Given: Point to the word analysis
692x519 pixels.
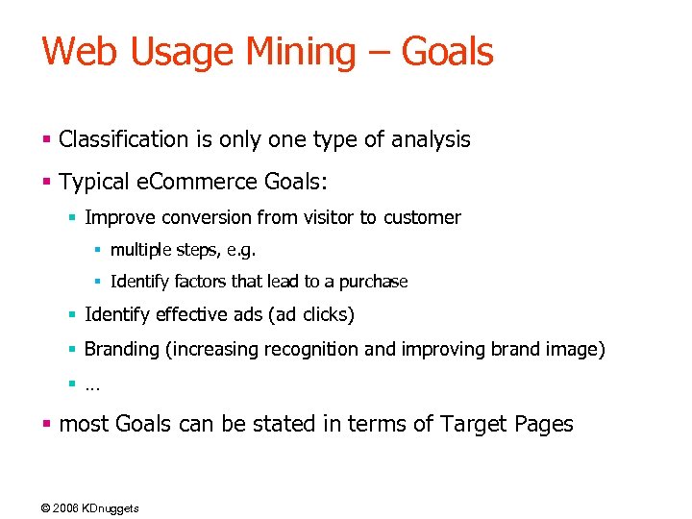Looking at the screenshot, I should (432, 139).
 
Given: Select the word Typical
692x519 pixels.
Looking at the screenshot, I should (94, 181).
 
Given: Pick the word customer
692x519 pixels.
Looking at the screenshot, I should (422, 218).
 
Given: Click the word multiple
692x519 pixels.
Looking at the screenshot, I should (139, 251).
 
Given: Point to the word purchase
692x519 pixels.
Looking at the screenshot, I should (373, 283).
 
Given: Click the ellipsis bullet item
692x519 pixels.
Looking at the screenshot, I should (92, 385).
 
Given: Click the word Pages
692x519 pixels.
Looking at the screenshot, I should (543, 424).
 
